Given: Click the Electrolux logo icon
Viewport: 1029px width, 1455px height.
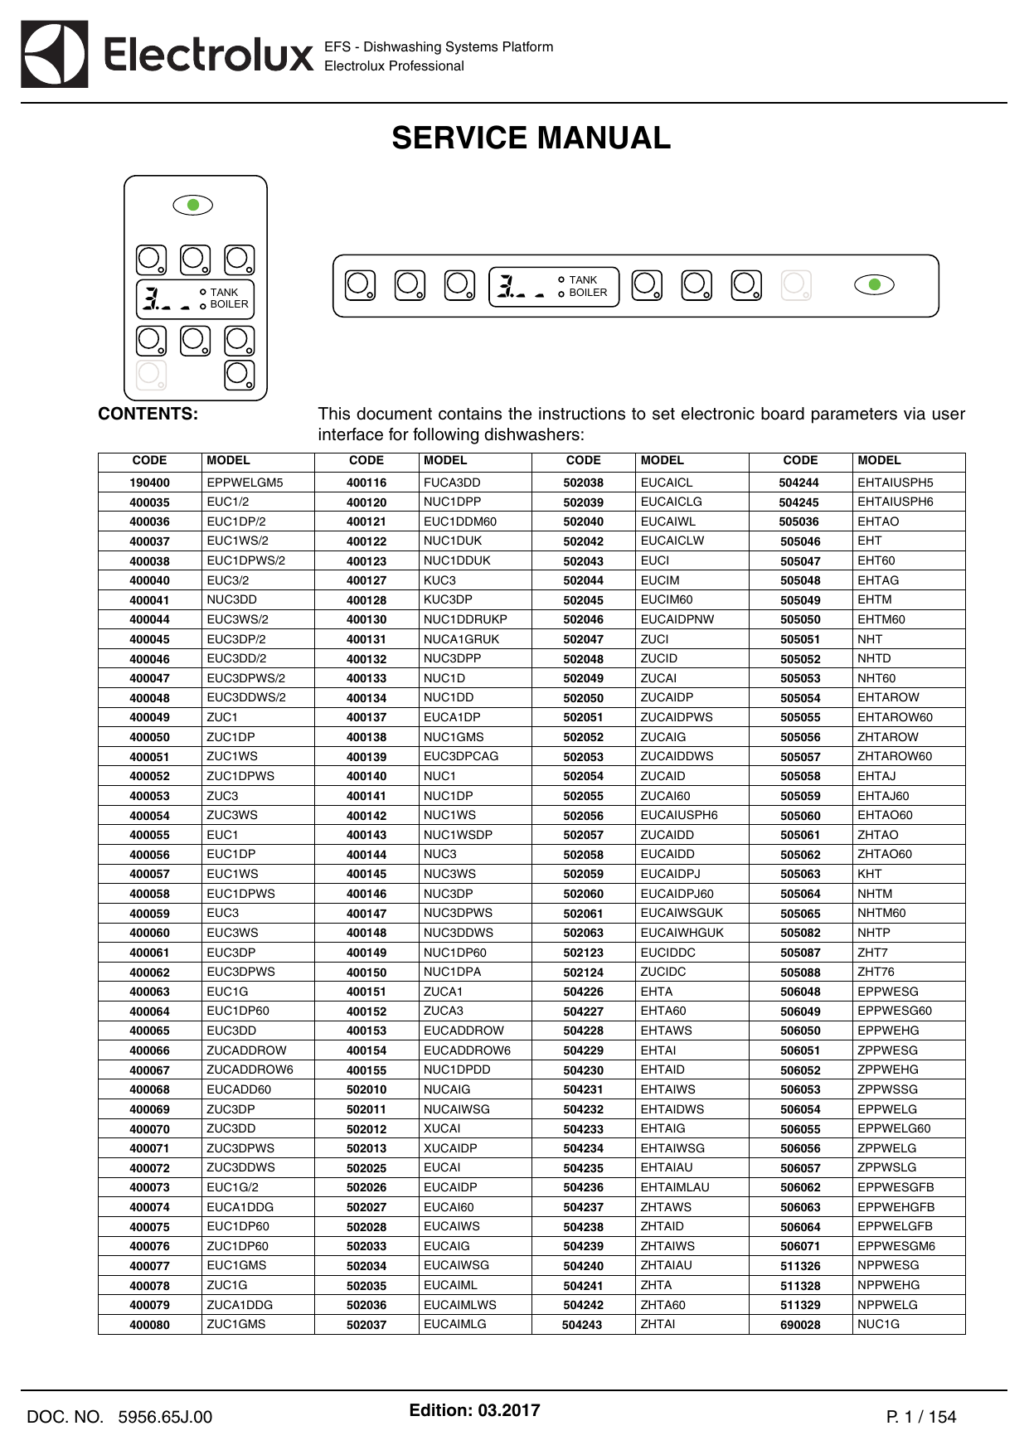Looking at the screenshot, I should [x=55, y=55].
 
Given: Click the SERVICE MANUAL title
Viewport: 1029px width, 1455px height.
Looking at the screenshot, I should [x=531, y=138].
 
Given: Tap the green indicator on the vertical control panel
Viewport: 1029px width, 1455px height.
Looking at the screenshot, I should [x=193, y=205].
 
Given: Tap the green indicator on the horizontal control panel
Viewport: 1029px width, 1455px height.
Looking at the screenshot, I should [x=874, y=285].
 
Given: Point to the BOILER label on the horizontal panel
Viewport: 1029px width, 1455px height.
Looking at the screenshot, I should [x=588, y=293].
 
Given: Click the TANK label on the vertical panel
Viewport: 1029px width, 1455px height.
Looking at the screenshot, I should [x=224, y=293].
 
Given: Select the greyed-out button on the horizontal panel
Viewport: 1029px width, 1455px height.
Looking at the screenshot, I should [x=796, y=285].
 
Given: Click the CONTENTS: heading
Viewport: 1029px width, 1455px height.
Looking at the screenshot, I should [x=148, y=414].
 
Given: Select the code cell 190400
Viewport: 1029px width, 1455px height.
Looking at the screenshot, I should [x=149, y=483].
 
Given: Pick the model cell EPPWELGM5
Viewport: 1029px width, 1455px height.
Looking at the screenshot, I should [x=245, y=483].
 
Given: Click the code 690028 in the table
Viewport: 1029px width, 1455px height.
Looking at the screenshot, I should [x=800, y=1325].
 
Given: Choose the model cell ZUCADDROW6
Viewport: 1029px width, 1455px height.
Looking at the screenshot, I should [x=250, y=1069].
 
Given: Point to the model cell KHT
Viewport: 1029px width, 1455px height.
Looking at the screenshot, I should [x=869, y=874].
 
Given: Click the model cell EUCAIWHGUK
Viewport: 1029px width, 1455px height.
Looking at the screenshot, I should [x=682, y=933].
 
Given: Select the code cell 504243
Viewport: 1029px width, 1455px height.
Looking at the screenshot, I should [x=582, y=1325].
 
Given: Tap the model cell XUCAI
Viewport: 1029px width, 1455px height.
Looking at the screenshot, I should [x=442, y=1128].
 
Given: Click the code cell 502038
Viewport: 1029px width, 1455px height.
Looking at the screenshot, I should [x=584, y=483].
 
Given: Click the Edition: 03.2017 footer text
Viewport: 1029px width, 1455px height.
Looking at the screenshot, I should [x=474, y=1410].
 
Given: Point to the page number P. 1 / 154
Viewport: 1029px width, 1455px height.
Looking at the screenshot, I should [x=920, y=1417].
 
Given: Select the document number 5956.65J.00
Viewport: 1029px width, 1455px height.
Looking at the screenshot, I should [x=165, y=1417].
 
